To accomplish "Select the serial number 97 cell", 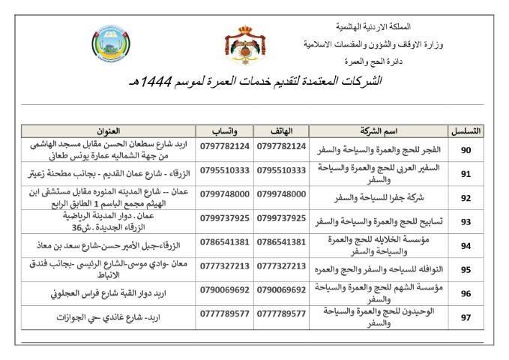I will coord(466,316).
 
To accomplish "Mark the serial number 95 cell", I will coord(466,270).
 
